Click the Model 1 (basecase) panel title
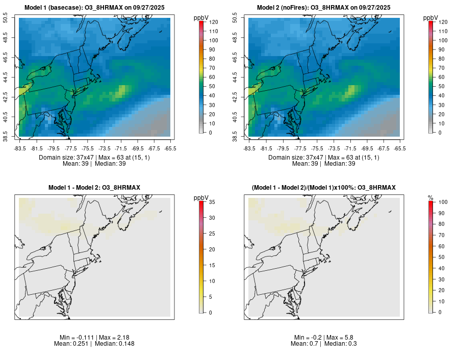[x=94, y=8]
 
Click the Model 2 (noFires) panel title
[x=323, y=8]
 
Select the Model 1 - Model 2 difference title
[x=94, y=188]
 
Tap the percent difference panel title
[x=323, y=188]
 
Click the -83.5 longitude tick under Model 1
[x=19, y=148]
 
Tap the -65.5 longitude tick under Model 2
[x=400, y=148]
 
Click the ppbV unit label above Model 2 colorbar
[x=431, y=18]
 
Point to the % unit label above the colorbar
[x=430, y=198]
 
